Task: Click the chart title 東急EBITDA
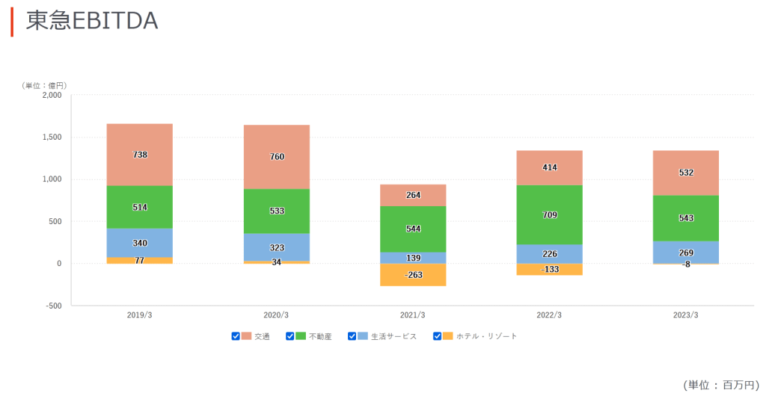point(91,22)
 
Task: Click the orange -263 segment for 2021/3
point(413,275)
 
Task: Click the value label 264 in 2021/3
point(413,195)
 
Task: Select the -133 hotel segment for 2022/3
point(550,269)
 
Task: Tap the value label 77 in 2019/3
point(140,261)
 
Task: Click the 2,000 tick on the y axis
point(52,95)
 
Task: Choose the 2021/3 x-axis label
point(413,315)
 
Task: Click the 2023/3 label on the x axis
point(686,315)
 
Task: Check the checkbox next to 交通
point(236,336)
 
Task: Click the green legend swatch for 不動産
point(301,336)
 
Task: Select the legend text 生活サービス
point(393,336)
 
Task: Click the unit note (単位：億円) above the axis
point(45,85)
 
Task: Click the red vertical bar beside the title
point(12,22)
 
